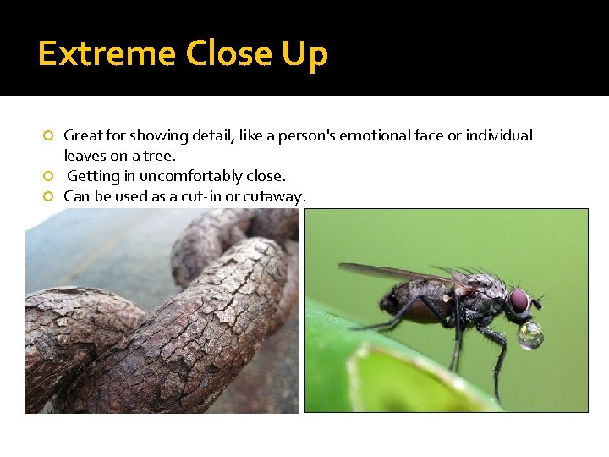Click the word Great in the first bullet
click(81, 135)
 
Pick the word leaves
click(84, 156)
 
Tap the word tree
click(159, 156)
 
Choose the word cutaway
click(276, 197)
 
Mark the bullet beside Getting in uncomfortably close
click(49, 176)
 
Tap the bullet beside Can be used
click(49, 196)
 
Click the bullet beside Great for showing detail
click(49, 135)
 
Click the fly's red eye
click(518, 300)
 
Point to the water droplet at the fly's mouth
click(530, 336)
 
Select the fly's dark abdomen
click(406, 302)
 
